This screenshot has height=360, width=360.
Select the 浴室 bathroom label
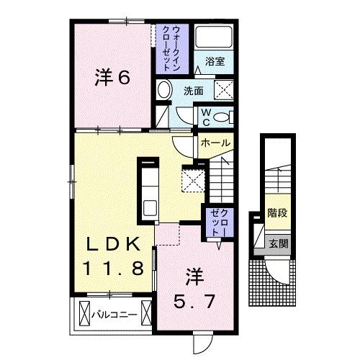coord(214,62)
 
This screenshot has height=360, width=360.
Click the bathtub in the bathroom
coord(213,37)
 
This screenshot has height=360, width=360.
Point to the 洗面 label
coord(192,91)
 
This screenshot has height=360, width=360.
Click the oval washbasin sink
coord(163,91)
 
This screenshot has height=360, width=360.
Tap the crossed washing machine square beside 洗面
coord(221,91)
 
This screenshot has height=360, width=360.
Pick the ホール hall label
coord(216,143)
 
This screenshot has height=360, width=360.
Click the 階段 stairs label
coord(277,212)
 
